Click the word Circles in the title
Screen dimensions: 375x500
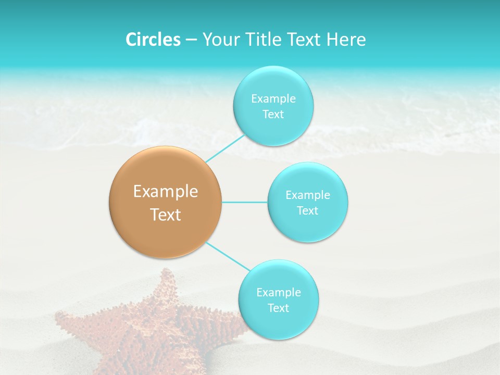click(153, 40)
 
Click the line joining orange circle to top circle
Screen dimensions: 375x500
click(225, 148)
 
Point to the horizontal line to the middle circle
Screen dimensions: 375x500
click(245, 202)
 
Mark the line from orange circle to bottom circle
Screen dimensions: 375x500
click(228, 256)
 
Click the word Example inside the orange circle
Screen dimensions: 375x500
click(166, 192)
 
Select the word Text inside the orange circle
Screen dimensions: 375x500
click(166, 215)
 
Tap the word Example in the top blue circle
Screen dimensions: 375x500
click(273, 98)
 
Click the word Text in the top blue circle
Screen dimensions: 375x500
click(273, 115)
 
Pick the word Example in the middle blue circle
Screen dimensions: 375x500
click(308, 195)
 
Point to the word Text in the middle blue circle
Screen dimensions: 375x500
click(308, 210)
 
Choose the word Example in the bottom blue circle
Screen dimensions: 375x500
click(278, 292)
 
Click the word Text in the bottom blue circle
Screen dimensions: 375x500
click(278, 308)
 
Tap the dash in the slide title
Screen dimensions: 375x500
click(191, 40)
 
